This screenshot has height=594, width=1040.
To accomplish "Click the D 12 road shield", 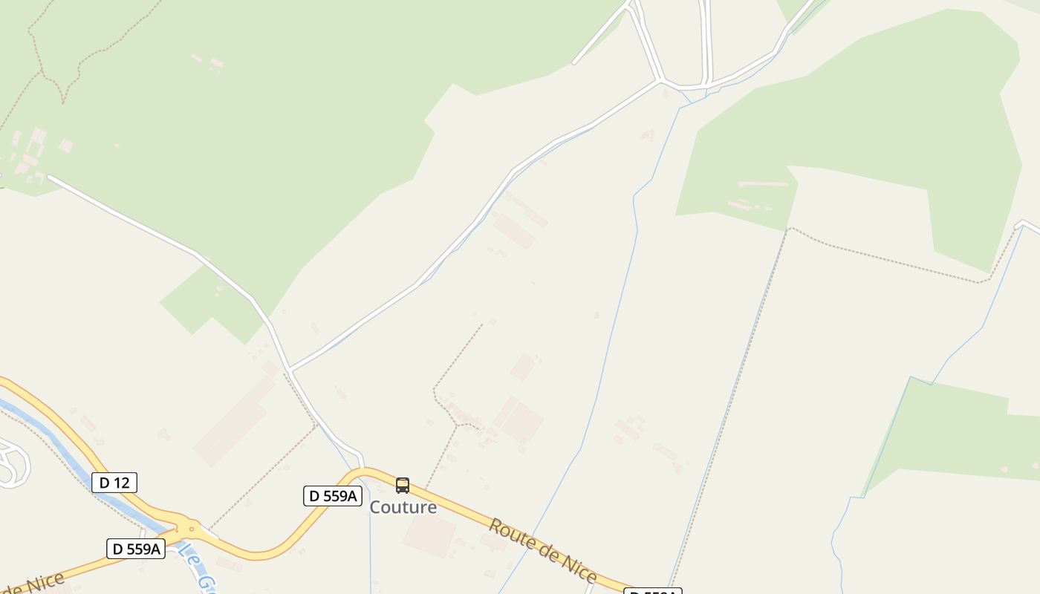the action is coord(114,483).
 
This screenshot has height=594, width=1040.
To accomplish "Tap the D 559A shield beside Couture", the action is coord(332,496).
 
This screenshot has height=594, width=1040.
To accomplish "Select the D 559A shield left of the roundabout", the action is coord(135,549).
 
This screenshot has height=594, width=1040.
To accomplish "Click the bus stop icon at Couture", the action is coord(403,486).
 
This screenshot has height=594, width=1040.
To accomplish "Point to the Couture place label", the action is coord(403,507).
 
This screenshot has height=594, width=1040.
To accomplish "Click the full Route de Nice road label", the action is coord(542,550).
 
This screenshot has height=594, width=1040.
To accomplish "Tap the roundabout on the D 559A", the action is coord(192,529).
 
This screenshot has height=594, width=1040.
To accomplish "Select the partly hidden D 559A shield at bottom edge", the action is coord(652,591).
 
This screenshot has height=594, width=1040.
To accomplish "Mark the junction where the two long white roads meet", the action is coord(290,369).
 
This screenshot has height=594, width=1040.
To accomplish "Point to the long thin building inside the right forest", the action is coord(764,183).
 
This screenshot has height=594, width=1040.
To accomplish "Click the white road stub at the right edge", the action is coord(1028,224).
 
